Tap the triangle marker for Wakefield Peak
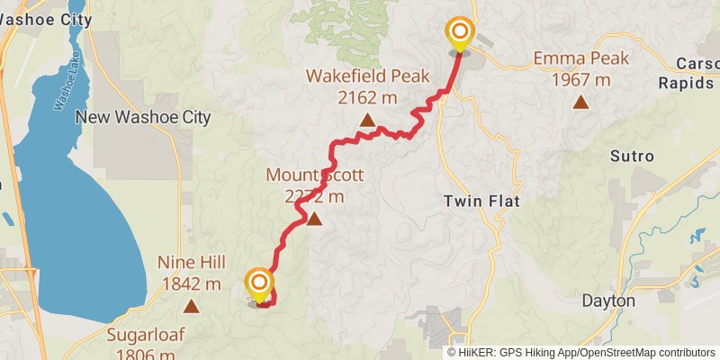tap(367, 121)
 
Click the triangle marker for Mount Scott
tap(314, 219)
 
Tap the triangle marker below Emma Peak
tap(580, 103)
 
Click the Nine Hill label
tap(190, 263)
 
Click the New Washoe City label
tap(142, 117)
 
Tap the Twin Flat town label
tap(482, 201)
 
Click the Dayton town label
tap(608, 300)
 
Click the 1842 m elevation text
tap(190, 284)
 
